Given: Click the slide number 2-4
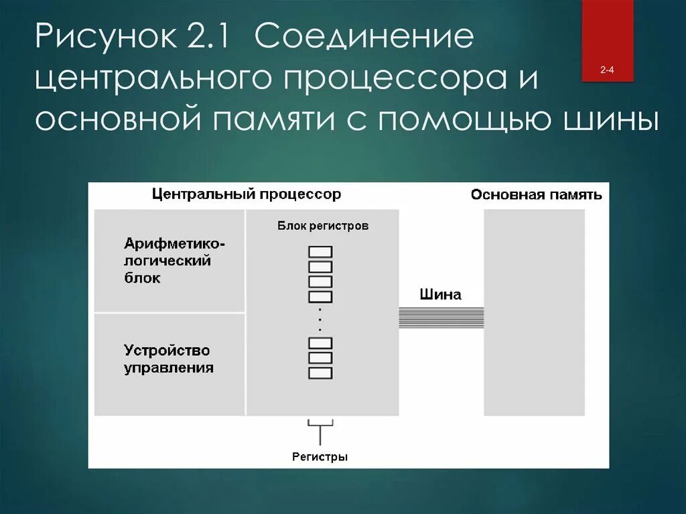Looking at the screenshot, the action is click(608, 70).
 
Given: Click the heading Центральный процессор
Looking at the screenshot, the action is click(246, 194).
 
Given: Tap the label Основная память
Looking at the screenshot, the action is click(536, 195).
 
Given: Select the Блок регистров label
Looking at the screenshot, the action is click(323, 226).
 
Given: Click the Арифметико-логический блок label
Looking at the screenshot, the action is click(174, 260).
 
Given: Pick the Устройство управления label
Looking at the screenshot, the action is click(168, 359).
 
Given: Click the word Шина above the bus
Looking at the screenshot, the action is click(440, 294).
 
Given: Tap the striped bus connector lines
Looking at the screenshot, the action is click(441, 317).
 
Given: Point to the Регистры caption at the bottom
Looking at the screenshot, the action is click(320, 457).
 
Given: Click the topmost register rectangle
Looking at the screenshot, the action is click(320, 251).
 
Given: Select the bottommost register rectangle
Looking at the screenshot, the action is click(320, 373).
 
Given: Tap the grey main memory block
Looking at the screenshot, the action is click(534, 312).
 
